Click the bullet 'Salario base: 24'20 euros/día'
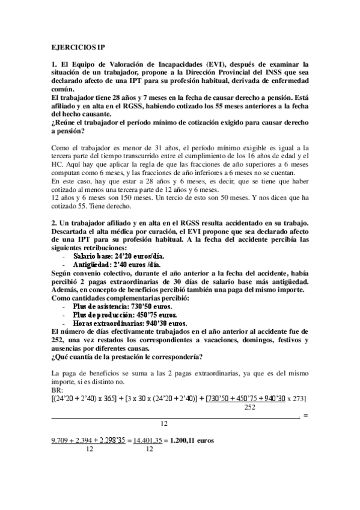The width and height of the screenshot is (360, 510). (110, 255)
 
